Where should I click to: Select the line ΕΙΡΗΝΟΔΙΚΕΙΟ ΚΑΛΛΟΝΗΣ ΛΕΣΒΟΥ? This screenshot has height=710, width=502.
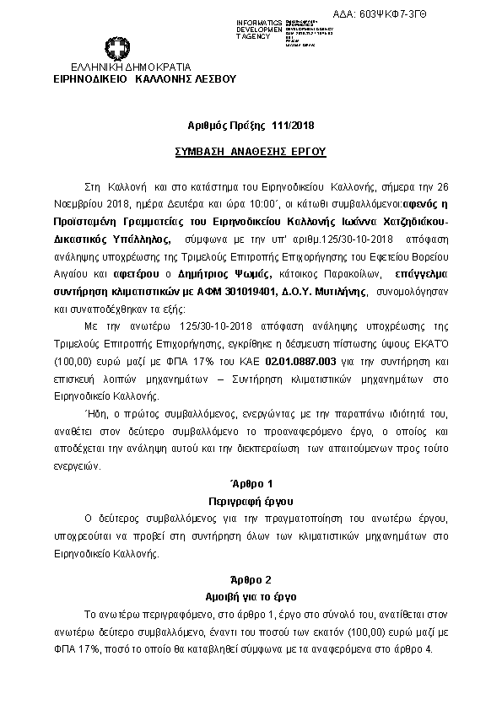(x=144, y=78)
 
